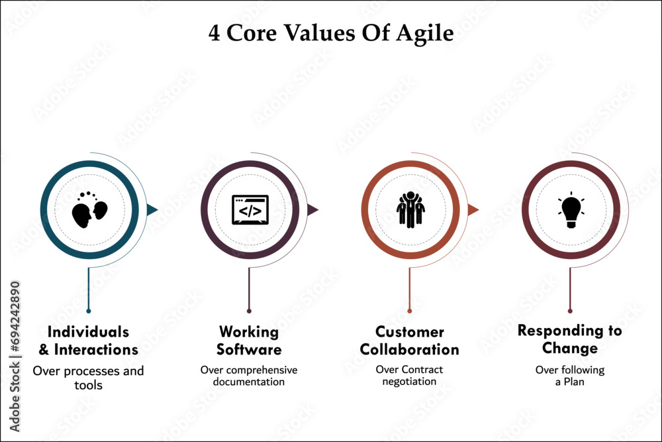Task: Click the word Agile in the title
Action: tap(425, 34)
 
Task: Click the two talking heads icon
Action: tap(89, 211)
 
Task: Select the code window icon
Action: tap(250, 210)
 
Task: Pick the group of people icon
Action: tap(410, 210)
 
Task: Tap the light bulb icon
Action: tap(571, 211)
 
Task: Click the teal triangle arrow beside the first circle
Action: tap(152, 210)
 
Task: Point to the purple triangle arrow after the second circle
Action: tap(312, 210)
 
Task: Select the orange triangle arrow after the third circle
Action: tap(473, 210)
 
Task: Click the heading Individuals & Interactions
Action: tap(89, 341)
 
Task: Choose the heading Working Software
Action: tap(249, 341)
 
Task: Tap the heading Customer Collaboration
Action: tap(409, 341)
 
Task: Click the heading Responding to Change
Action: tap(570, 339)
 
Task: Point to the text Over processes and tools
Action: tap(88, 378)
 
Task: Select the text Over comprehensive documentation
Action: tap(249, 376)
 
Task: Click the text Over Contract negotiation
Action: tap(409, 376)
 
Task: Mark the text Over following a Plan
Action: tap(570, 376)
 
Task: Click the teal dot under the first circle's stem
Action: tap(89, 310)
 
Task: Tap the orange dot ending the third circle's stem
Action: tap(410, 310)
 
